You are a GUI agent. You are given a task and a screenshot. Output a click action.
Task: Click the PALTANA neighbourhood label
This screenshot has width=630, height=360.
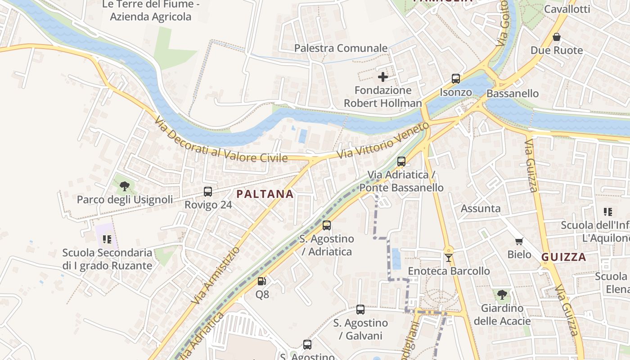(265, 194)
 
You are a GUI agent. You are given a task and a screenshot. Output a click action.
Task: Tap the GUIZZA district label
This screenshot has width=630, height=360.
(563, 257)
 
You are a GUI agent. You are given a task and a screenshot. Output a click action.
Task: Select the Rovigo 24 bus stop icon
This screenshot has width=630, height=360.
(208, 192)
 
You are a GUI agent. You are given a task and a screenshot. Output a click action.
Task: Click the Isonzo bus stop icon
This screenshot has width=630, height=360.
(456, 79)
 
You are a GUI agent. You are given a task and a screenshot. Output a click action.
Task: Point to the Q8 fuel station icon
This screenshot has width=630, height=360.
(261, 282)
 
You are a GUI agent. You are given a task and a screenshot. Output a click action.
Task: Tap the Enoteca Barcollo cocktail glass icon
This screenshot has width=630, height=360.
(448, 258)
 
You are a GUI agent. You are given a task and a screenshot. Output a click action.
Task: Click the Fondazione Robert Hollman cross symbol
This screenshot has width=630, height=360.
(383, 77)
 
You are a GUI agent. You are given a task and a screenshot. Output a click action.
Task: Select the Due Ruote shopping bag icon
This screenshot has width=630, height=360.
(557, 37)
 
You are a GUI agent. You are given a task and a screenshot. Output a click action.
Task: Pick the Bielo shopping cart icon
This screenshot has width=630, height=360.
(519, 242)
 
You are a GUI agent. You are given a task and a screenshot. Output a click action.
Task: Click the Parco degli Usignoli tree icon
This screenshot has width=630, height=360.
(125, 186)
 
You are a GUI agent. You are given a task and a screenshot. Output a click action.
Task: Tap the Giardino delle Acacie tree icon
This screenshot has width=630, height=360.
(502, 295)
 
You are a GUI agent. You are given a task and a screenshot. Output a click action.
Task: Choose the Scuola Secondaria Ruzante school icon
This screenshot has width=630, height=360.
(107, 239)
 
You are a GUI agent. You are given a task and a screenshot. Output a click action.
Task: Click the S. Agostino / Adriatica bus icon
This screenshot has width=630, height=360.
(327, 225)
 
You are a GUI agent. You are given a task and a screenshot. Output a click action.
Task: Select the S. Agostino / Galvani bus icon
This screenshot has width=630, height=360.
(360, 310)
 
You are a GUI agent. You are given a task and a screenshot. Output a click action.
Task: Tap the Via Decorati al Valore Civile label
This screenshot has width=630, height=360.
(220, 139)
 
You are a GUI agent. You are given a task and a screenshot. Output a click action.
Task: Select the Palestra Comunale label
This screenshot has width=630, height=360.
(341, 48)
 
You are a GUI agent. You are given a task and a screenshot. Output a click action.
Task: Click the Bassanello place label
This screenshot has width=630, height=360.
(513, 94)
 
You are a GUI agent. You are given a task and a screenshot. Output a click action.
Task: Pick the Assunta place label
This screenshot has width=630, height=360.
(481, 208)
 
